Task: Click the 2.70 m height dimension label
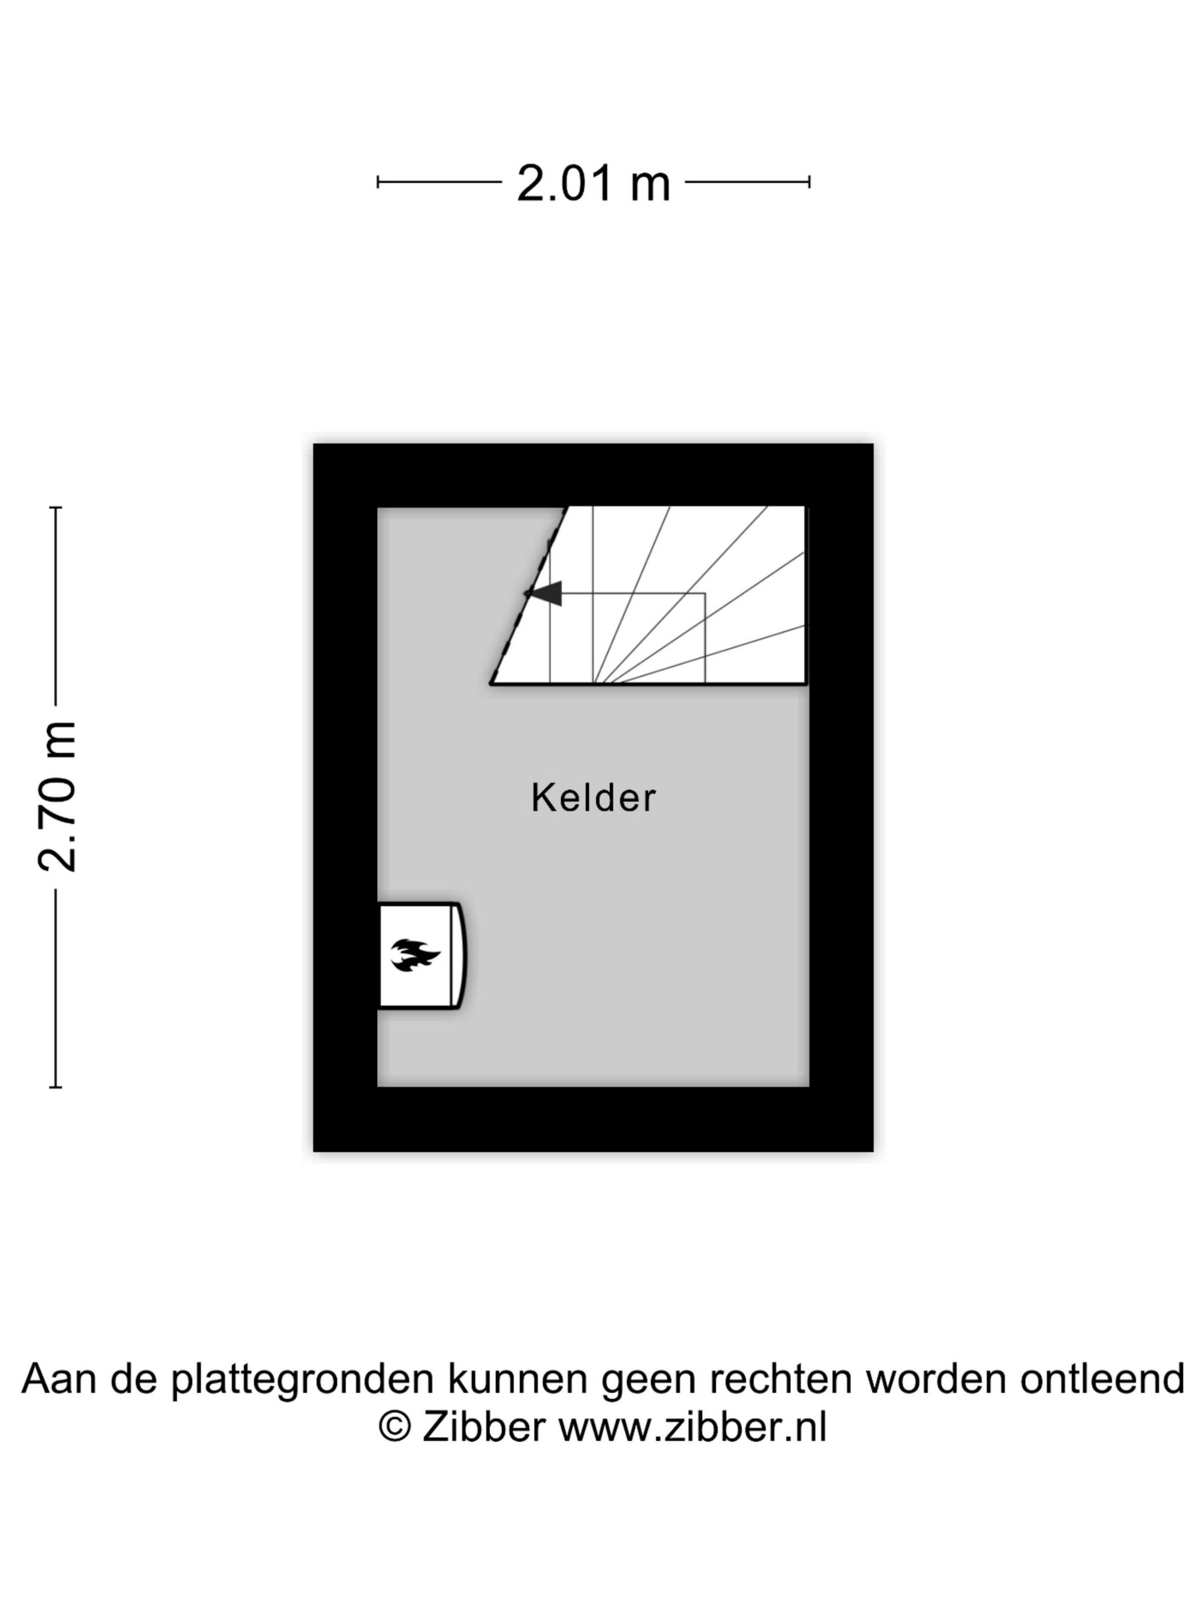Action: pos(57,797)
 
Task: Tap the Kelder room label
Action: pos(593,798)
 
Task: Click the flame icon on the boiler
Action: pos(415,955)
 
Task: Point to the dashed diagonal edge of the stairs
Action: pos(529,595)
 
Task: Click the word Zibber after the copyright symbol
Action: pos(483,1427)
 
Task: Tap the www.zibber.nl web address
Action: pos(693,1427)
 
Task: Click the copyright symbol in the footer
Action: pos(396,1427)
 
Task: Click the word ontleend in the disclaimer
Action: pos(1103,1379)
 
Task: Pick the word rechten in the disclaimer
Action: pos(780,1379)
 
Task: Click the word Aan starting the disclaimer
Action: pos(59,1379)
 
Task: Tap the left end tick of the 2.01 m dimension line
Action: pos(378,182)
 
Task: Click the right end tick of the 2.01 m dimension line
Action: pos(809,182)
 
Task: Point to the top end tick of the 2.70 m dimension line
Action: pos(56,507)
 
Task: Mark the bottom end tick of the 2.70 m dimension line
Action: pos(56,1087)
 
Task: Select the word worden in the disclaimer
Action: pos(936,1379)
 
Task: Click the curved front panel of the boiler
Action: pos(460,956)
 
